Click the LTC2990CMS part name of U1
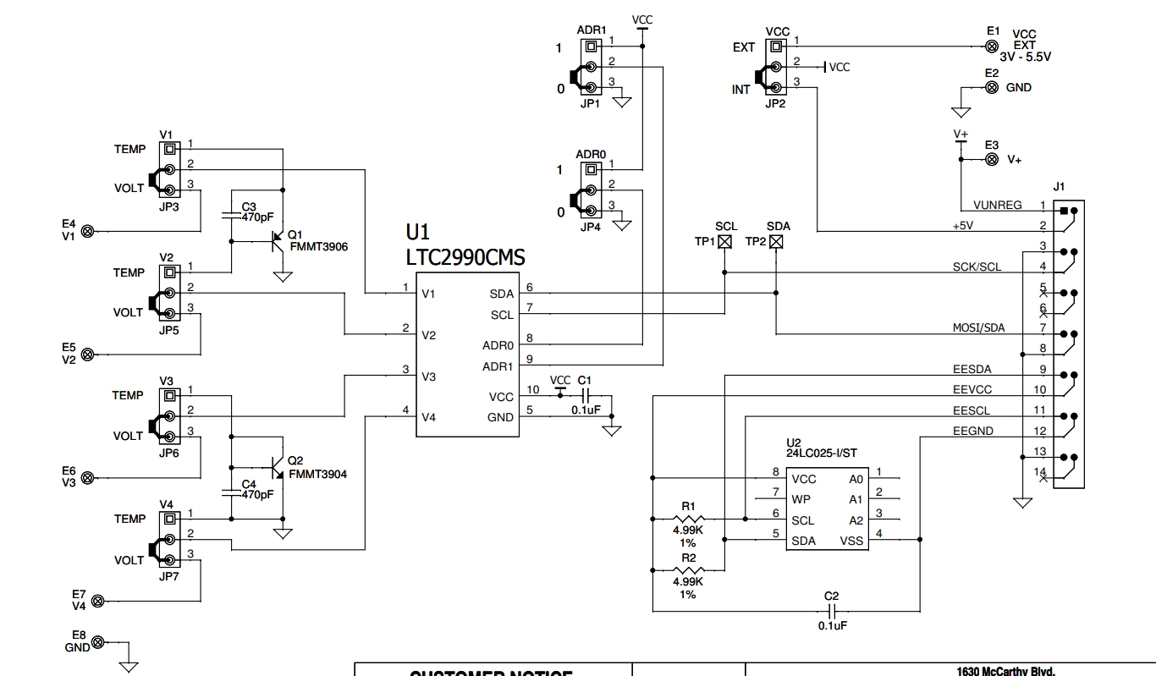pyautogui.click(x=465, y=257)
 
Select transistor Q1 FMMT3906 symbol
pyautogui.click(x=277, y=241)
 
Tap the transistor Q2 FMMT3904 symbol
pyautogui.click(x=277, y=468)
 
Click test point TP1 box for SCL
pyautogui.click(x=725, y=242)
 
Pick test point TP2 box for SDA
pyautogui.click(x=776, y=242)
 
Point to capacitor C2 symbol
pyautogui.click(x=832, y=611)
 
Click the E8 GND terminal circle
pyautogui.click(x=98, y=642)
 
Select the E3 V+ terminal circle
pyautogui.click(x=992, y=159)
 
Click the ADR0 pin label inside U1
pyautogui.click(x=498, y=345)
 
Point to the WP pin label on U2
pyautogui.click(x=801, y=500)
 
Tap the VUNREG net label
pyautogui.click(x=997, y=205)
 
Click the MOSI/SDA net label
pyautogui.click(x=978, y=328)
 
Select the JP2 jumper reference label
pyautogui.click(x=775, y=104)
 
